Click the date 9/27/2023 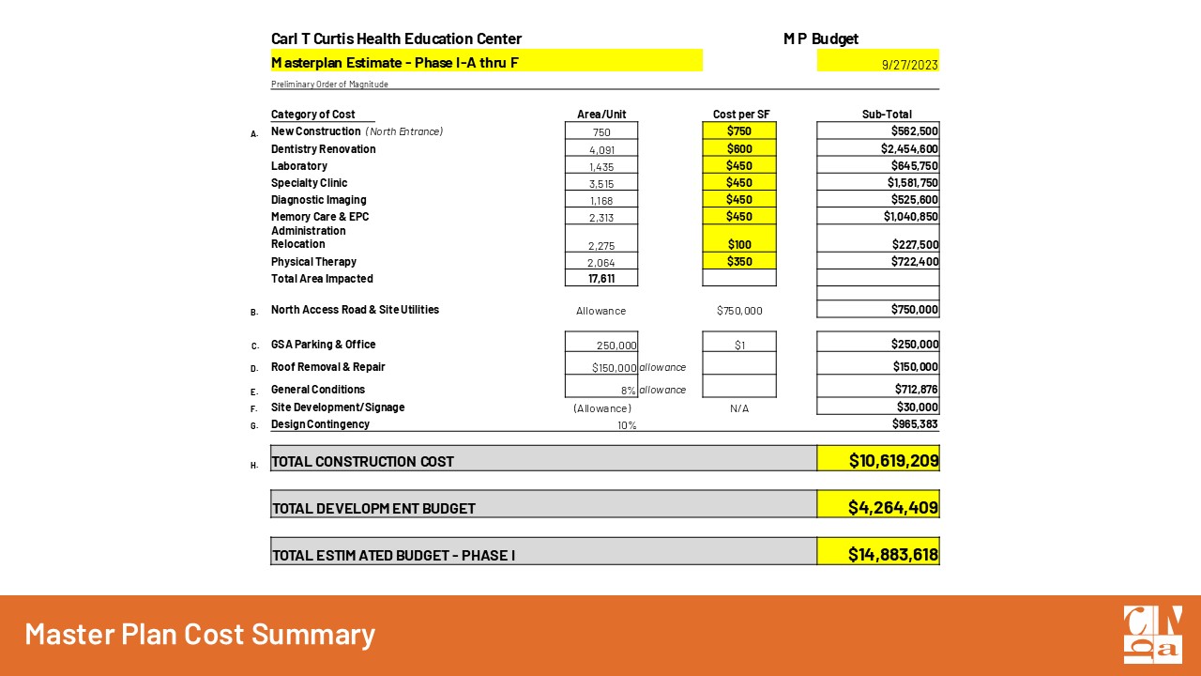coord(909,65)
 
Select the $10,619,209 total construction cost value coord(893,460)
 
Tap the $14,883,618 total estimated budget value coord(892,554)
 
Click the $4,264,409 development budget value coord(892,507)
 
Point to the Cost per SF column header coord(739,115)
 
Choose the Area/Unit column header coord(601,115)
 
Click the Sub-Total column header coord(887,115)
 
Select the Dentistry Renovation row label coord(323,149)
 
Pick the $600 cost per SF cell coord(739,149)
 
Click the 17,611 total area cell coord(601,279)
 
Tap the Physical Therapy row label coord(313,262)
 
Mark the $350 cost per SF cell coord(739,262)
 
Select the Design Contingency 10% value coord(626,425)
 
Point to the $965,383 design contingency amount coord(915,424)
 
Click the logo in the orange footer coord(1153,635)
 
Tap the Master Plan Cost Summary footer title coord(200,635)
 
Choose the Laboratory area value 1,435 coord(601,167)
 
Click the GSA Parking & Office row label coord(323,345)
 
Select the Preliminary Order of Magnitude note coord(329,84)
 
